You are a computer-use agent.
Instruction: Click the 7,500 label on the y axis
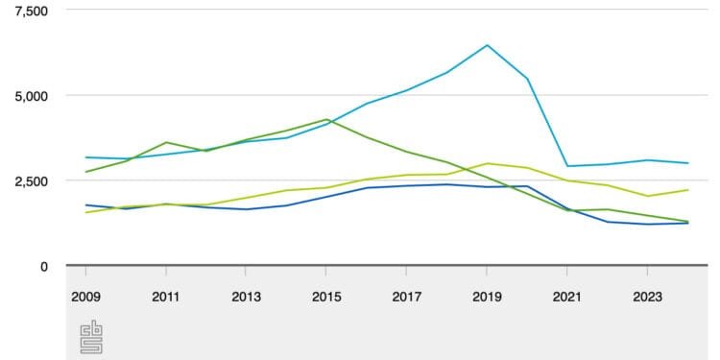pyautogui.click(x=30, y=11)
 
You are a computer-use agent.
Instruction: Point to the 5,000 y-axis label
pyautogui.click(x=30, y=96)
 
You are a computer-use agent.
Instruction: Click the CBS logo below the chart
pyautogui.click(x=92, y=338)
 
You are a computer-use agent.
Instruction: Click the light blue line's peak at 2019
pyautogui.click(x=488, y=45)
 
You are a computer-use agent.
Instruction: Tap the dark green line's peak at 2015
pyautogui.click(x=327, y=120)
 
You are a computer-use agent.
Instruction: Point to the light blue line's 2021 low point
pyautogui.click(x=567, y=166)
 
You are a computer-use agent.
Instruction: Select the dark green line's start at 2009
pyautogui.click(x=86, y=172)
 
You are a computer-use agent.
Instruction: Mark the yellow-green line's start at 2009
pyautogui.click(x=86, y=212)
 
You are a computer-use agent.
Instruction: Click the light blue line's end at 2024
pyautogui.click(x=687, y=163)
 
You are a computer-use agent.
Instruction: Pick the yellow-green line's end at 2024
pyautogui.click(x=687, y=190)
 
